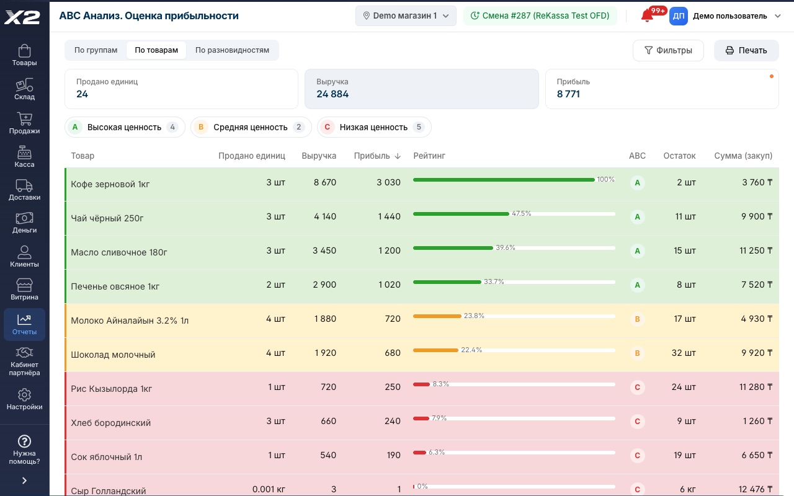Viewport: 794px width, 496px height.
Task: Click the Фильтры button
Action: pyautogui.click(x=668, y=50)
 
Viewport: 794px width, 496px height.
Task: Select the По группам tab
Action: pyautogui.click(x=96, y=50)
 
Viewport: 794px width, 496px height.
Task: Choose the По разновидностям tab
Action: pyautogui.click(x=232, y=50)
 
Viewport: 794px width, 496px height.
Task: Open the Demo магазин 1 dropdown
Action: pyautogui.click(x=406, y=15)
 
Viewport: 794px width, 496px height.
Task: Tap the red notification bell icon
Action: pyautogui.click(x=647, y=16)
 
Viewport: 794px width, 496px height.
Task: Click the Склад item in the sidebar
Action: pyautogui.click(x=24, y=89)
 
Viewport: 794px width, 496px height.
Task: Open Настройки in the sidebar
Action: pyautogui.click(x=24, y=399)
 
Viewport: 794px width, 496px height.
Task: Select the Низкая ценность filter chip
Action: pyautogui.click(x=374, y=127)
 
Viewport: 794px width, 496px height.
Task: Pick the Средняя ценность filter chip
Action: pyautogui.click(x=251, y=127)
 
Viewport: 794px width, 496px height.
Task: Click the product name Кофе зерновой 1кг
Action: pyautogui.click(x=110, y=184)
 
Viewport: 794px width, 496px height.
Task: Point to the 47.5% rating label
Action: pyautogui.click(x=522, y=213)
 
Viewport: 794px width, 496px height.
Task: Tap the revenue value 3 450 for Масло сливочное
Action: pyautogui.click(x=324, y=250)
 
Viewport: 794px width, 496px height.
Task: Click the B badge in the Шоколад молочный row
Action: pyautogui.click(x=637, y=353)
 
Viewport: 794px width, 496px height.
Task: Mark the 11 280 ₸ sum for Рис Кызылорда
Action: pyautogui.click(x=756, y=387)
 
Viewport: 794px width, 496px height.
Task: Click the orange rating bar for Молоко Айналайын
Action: pyautogui.click(x=437, y=316)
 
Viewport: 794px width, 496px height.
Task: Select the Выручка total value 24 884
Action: pyautogui.click(x=332, y=94)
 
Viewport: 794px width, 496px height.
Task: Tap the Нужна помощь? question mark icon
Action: pyautogui.click(x=24, y=441)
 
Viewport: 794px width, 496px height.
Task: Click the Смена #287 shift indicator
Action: pyautogui.click(x=540, y=15)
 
